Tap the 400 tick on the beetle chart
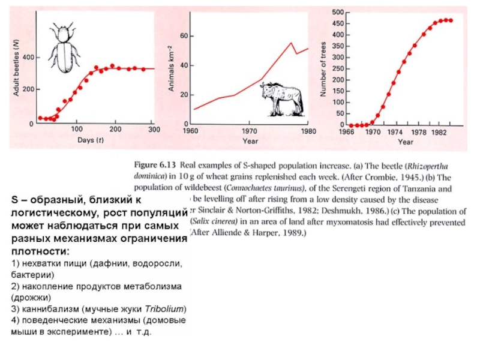pyautogui.click(x=28, y=57)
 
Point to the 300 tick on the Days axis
pyautogui.click(x=154, y=129)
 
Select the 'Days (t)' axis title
pyautogui.click(x=89, y=140)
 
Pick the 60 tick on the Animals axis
pyautogui.click(x=184, y=37)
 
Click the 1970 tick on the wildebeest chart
pyautogui.click(x=249, y=130)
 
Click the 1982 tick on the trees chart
pyautogui.click(x=439, y=131)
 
